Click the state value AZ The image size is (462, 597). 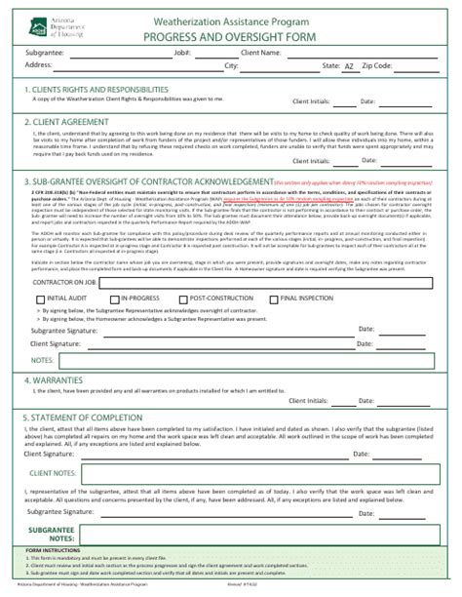click(349, 66)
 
